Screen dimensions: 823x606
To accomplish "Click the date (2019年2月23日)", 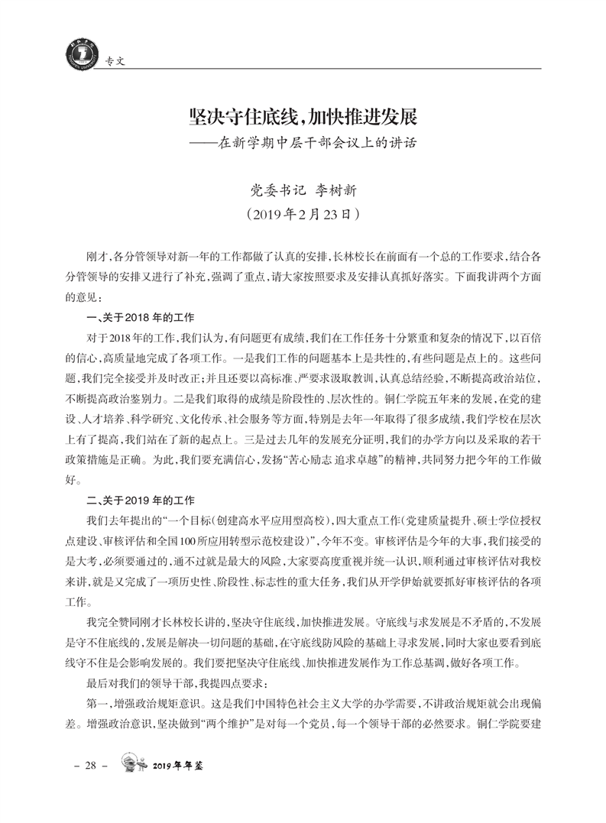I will (303, 215).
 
